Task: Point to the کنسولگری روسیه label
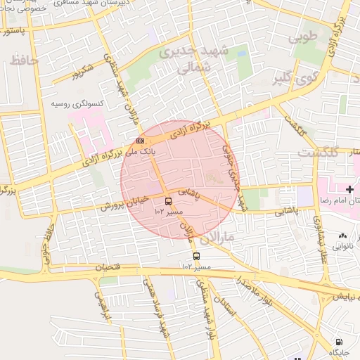(77, 104)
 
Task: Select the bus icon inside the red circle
(167, 200)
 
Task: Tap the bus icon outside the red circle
(196, 257)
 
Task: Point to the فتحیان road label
(106, 267)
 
